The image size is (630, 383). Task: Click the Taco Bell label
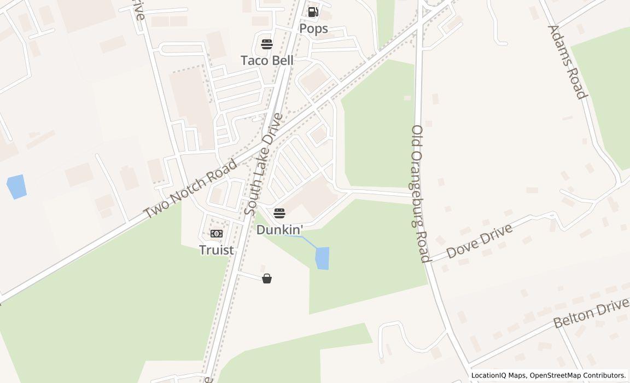click(x=267, y=60)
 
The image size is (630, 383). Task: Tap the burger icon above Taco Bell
click(x=267, y=44)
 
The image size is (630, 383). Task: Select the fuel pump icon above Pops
click(x=313, y=11)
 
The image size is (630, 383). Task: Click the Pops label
click(x=313, y=28)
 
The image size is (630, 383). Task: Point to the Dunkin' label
click(x=279, y=229)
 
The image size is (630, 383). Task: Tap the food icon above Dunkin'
click(x=279, y=212)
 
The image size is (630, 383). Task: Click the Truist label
click(x=217, y=250)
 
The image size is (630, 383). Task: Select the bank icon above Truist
click(x=217, y=234)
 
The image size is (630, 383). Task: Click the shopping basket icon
click(x=267, y=278)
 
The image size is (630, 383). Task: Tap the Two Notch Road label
click(x=191, y=189)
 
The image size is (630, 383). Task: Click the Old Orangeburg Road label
click(x=420, y=194)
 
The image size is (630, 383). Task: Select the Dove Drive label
click(x=480, y=241)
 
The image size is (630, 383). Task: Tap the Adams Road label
click(x=567, y=62)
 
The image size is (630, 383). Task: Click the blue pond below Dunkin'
click(x=323, y=258)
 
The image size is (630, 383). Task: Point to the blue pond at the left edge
click(x=16, y=187)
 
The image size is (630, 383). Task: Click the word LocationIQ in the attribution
click(x=489, y=375)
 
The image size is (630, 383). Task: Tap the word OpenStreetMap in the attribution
click(x=556, y=375)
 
